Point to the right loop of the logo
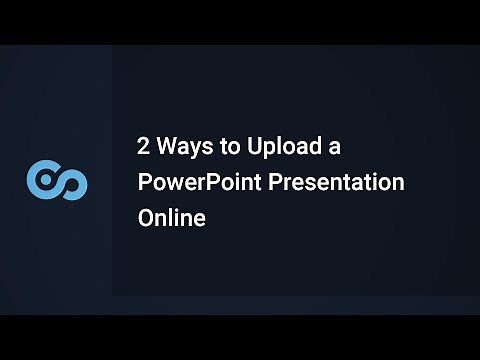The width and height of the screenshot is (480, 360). [72, 182]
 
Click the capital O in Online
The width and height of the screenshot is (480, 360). [146, 217]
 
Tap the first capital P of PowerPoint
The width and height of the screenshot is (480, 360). [144, 182]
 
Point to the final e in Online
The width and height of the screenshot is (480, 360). [199, 218]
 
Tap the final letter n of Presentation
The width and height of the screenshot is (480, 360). [398, 184]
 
